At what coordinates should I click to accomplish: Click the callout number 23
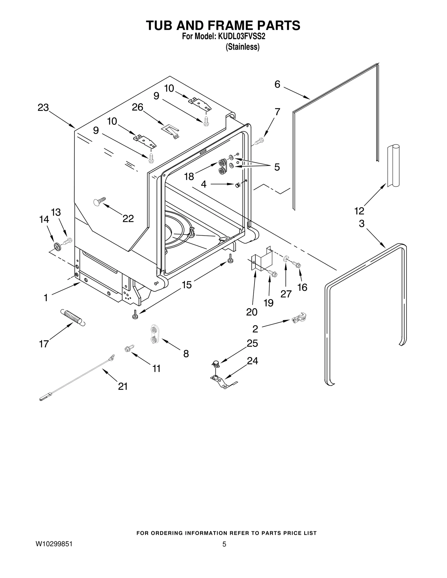(43, 108)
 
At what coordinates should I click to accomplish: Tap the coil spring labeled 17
(73, 317)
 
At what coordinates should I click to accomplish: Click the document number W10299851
(54, 544)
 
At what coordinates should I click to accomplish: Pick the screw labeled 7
(259, 141)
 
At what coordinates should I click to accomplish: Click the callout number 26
(137, 107)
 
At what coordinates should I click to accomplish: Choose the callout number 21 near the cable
(123, 387)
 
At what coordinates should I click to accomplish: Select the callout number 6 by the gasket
(277, 84)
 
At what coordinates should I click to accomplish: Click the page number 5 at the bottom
(224, 544)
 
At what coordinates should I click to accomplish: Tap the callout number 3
(362, 224)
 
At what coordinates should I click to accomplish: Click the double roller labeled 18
(222, 167)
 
